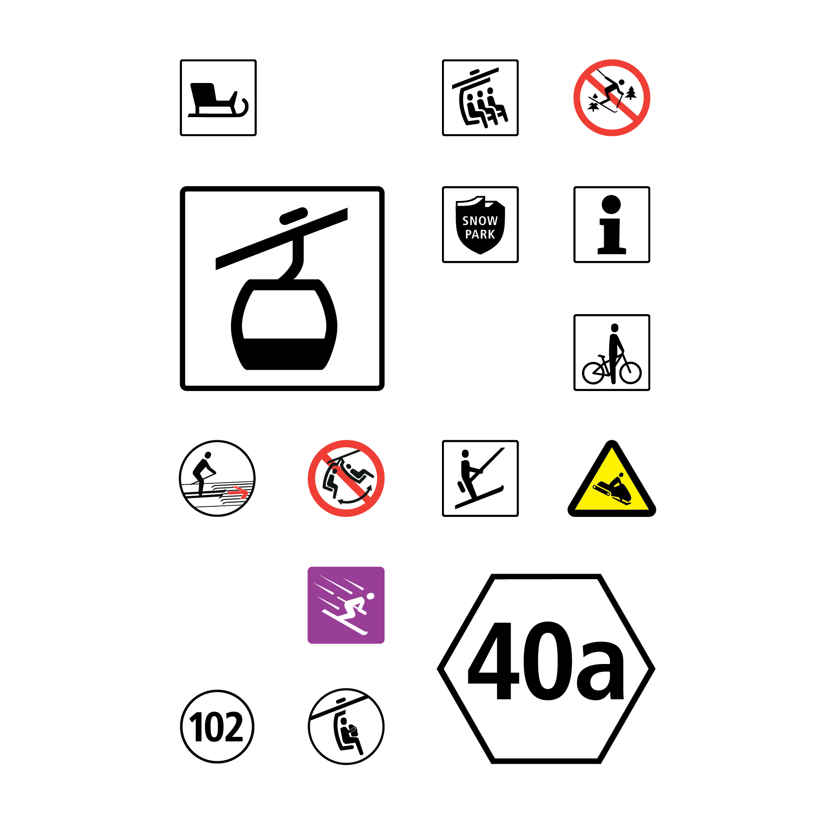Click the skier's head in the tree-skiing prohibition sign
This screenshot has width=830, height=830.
coord(621,83)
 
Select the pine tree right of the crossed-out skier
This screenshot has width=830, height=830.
coord(631,93)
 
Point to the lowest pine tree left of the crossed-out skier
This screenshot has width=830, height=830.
coord(594,107)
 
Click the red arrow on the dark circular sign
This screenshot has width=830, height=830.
coord(238,492)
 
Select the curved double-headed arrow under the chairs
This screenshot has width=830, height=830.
coord(355,498)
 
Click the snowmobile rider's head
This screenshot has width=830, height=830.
coord(621,475)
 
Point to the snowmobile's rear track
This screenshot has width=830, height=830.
coord(600,490)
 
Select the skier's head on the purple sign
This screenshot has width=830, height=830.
coord(370,597)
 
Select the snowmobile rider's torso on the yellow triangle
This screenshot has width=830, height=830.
coord(616,481)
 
